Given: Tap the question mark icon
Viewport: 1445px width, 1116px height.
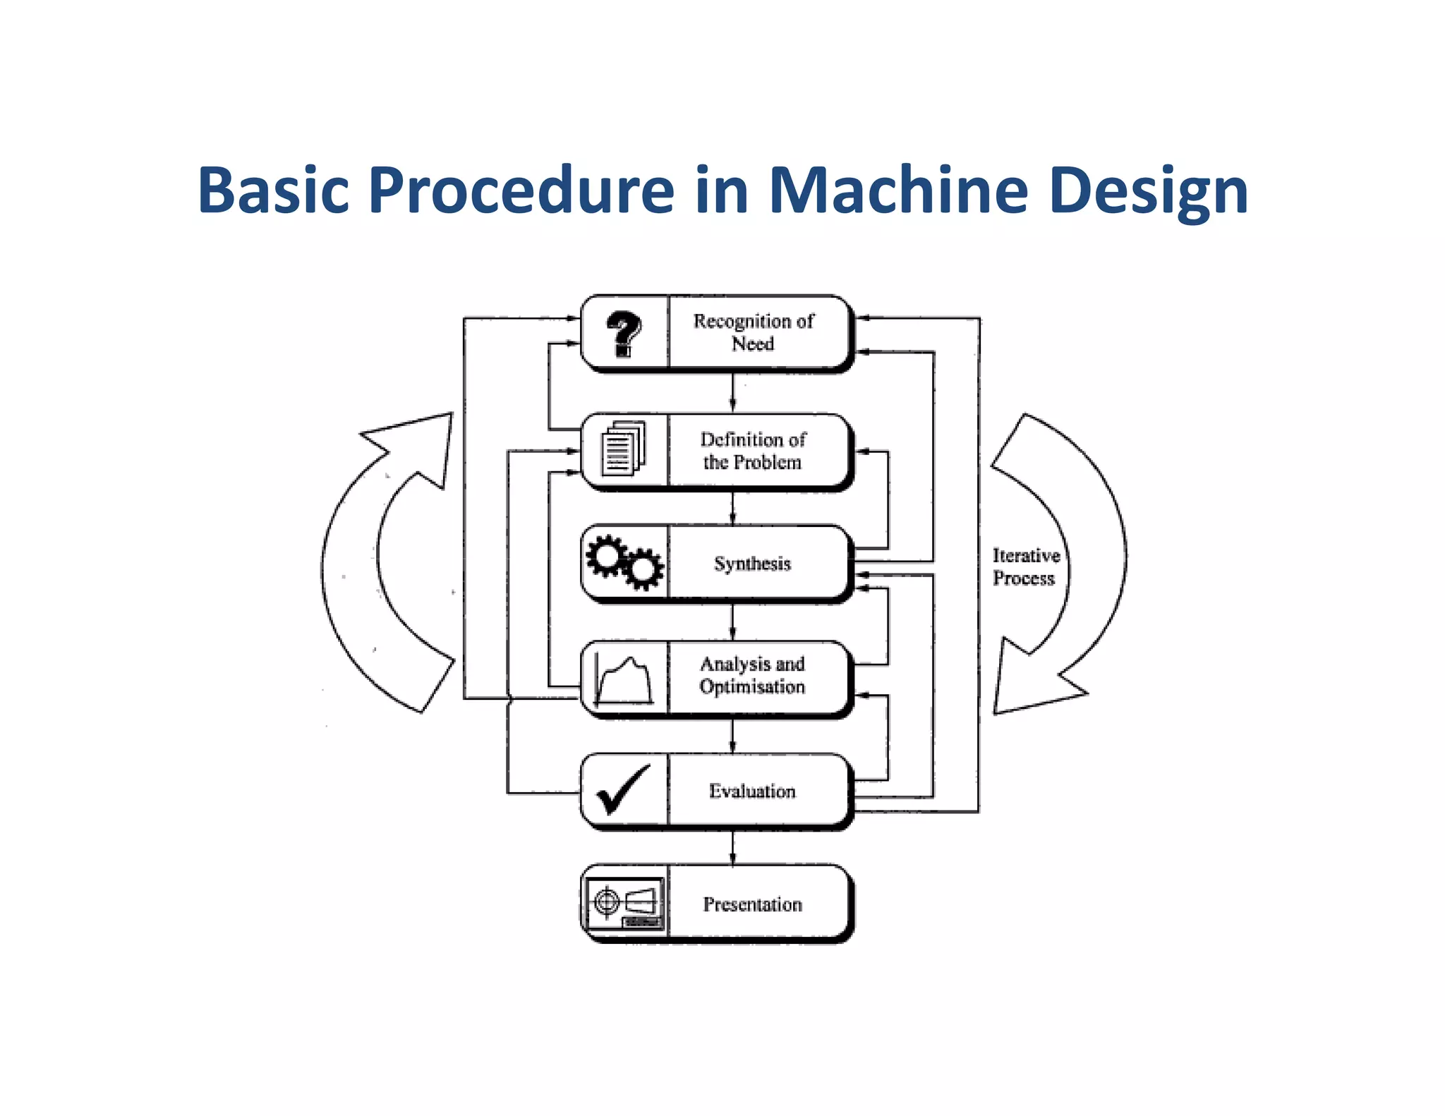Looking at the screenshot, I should coord(624,333).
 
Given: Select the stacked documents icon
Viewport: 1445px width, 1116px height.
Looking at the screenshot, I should coord(623,449).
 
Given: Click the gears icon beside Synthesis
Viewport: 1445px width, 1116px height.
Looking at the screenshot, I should coord(624,562).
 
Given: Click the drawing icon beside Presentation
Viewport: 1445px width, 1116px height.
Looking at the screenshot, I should coord(624,903).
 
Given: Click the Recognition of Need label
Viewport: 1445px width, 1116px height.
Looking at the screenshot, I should coord(753,332).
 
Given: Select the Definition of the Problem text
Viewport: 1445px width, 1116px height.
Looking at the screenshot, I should coord(752,451).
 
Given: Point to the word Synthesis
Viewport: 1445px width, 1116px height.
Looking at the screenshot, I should coord(752,564).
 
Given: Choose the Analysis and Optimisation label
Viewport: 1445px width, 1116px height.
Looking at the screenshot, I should coord(752,675).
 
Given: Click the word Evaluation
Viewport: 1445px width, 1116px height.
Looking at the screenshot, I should coord(752,791).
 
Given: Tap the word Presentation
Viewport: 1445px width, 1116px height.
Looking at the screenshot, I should coord(752,904).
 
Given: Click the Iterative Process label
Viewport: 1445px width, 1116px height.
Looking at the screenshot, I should coord(1025,566).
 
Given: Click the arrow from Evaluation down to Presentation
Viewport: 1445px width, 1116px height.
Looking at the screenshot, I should coord(732,847).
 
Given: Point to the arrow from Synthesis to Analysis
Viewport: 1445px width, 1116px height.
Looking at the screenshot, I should coord(732,621).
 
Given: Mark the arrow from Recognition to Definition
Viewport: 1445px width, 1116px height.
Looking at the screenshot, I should coord(732,392).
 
